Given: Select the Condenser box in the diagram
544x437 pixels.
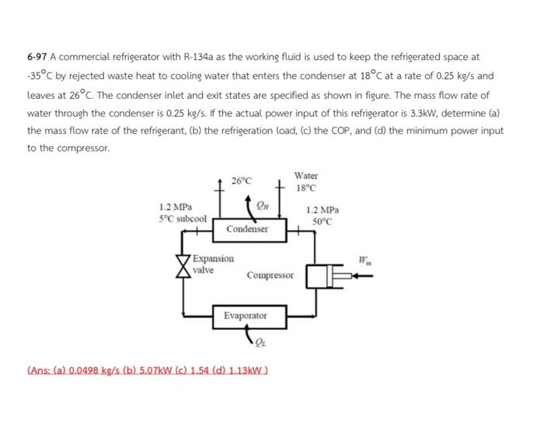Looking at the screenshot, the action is click(248, 229).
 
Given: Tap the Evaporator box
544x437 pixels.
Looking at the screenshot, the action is click(246, 316).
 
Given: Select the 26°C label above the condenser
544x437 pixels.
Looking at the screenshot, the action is click(242, 181).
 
